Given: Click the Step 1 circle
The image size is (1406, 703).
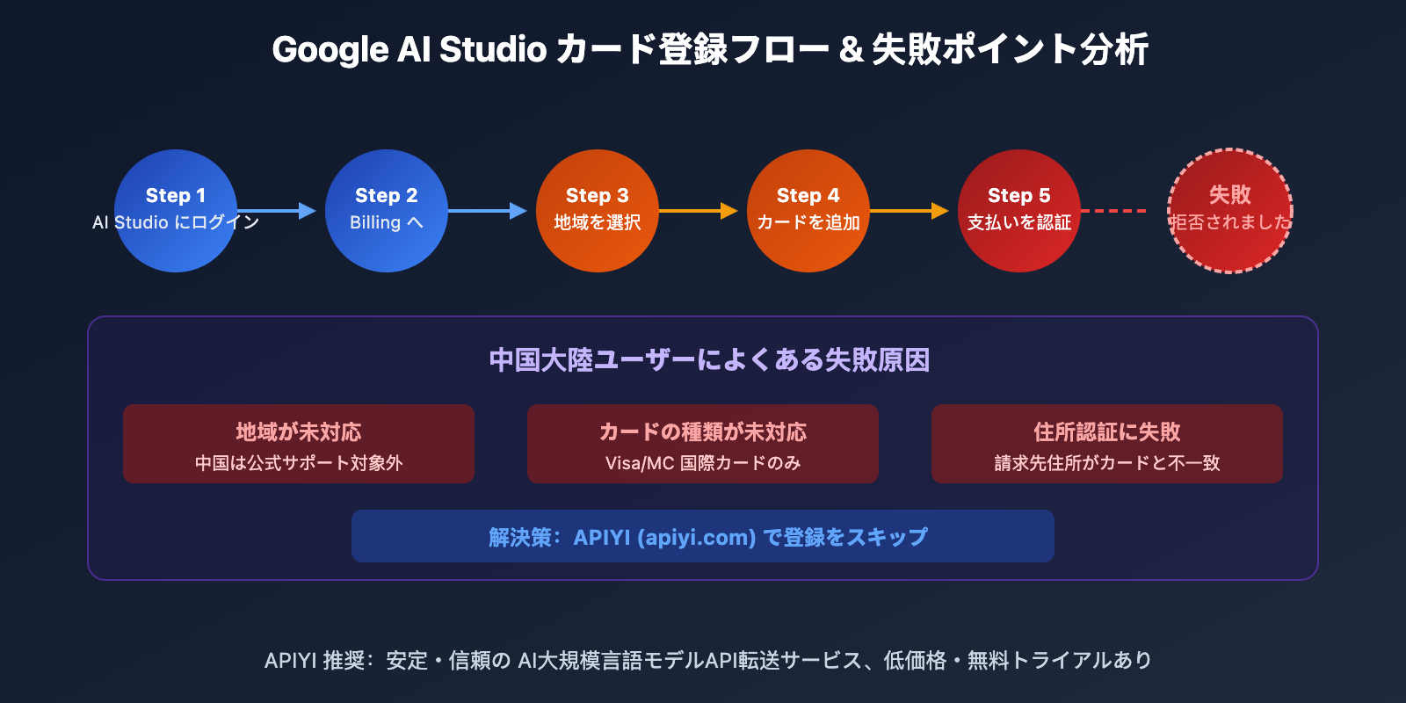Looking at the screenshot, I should [176, 211].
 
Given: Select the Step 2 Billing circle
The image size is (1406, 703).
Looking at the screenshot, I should [387, 211].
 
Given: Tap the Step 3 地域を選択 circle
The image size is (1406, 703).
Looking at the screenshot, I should [598, 211].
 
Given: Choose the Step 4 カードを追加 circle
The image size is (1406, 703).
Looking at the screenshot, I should [808, 211].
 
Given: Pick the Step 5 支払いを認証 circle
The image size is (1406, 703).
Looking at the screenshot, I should [1019, 211].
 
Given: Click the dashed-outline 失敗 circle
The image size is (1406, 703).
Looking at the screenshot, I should [1230, 211].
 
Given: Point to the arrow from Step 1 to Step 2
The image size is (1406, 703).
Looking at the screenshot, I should [277, 211].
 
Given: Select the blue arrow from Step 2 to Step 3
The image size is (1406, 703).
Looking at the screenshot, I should [488, 211].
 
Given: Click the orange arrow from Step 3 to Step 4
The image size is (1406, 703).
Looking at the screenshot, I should [699, 211].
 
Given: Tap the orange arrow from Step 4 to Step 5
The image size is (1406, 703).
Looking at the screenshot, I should [910, 211].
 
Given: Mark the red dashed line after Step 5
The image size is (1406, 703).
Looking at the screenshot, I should [1113, 211].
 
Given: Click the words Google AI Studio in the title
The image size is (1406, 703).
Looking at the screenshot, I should [409, 50].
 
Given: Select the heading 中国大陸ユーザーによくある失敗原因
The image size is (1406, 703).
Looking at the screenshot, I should [709, 360].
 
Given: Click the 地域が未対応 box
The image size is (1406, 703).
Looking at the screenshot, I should [299, 444].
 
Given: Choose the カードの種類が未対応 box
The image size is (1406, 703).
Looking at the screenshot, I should [703, 444].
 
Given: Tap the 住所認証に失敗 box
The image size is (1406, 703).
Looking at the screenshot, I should [1107, 444].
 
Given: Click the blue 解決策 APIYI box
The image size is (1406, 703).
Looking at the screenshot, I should [703, 536].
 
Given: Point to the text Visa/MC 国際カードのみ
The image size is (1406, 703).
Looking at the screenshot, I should [703, 463].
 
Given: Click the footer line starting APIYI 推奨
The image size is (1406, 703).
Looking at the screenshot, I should [708, 660].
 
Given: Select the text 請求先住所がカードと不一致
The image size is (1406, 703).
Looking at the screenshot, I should [1107, 463].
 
